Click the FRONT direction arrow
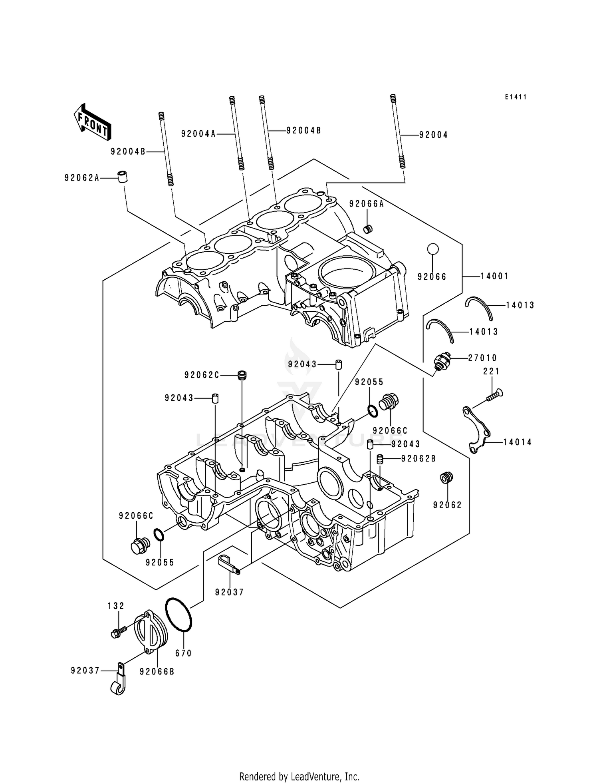tap(91, 122)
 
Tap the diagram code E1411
tap(515, 97)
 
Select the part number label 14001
tap(494, 276)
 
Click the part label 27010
tap(482, 358)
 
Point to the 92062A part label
tap(82, 178)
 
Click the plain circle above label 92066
tap(432, 249)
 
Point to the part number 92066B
tap(157, 672)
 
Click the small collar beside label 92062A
tap(122, 176)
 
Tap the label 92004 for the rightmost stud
tap(433, 135)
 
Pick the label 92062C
tap(202, 375)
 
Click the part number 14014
tap(517, 442)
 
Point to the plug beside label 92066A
tap(368, 229)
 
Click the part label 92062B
tap(419, 459)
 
